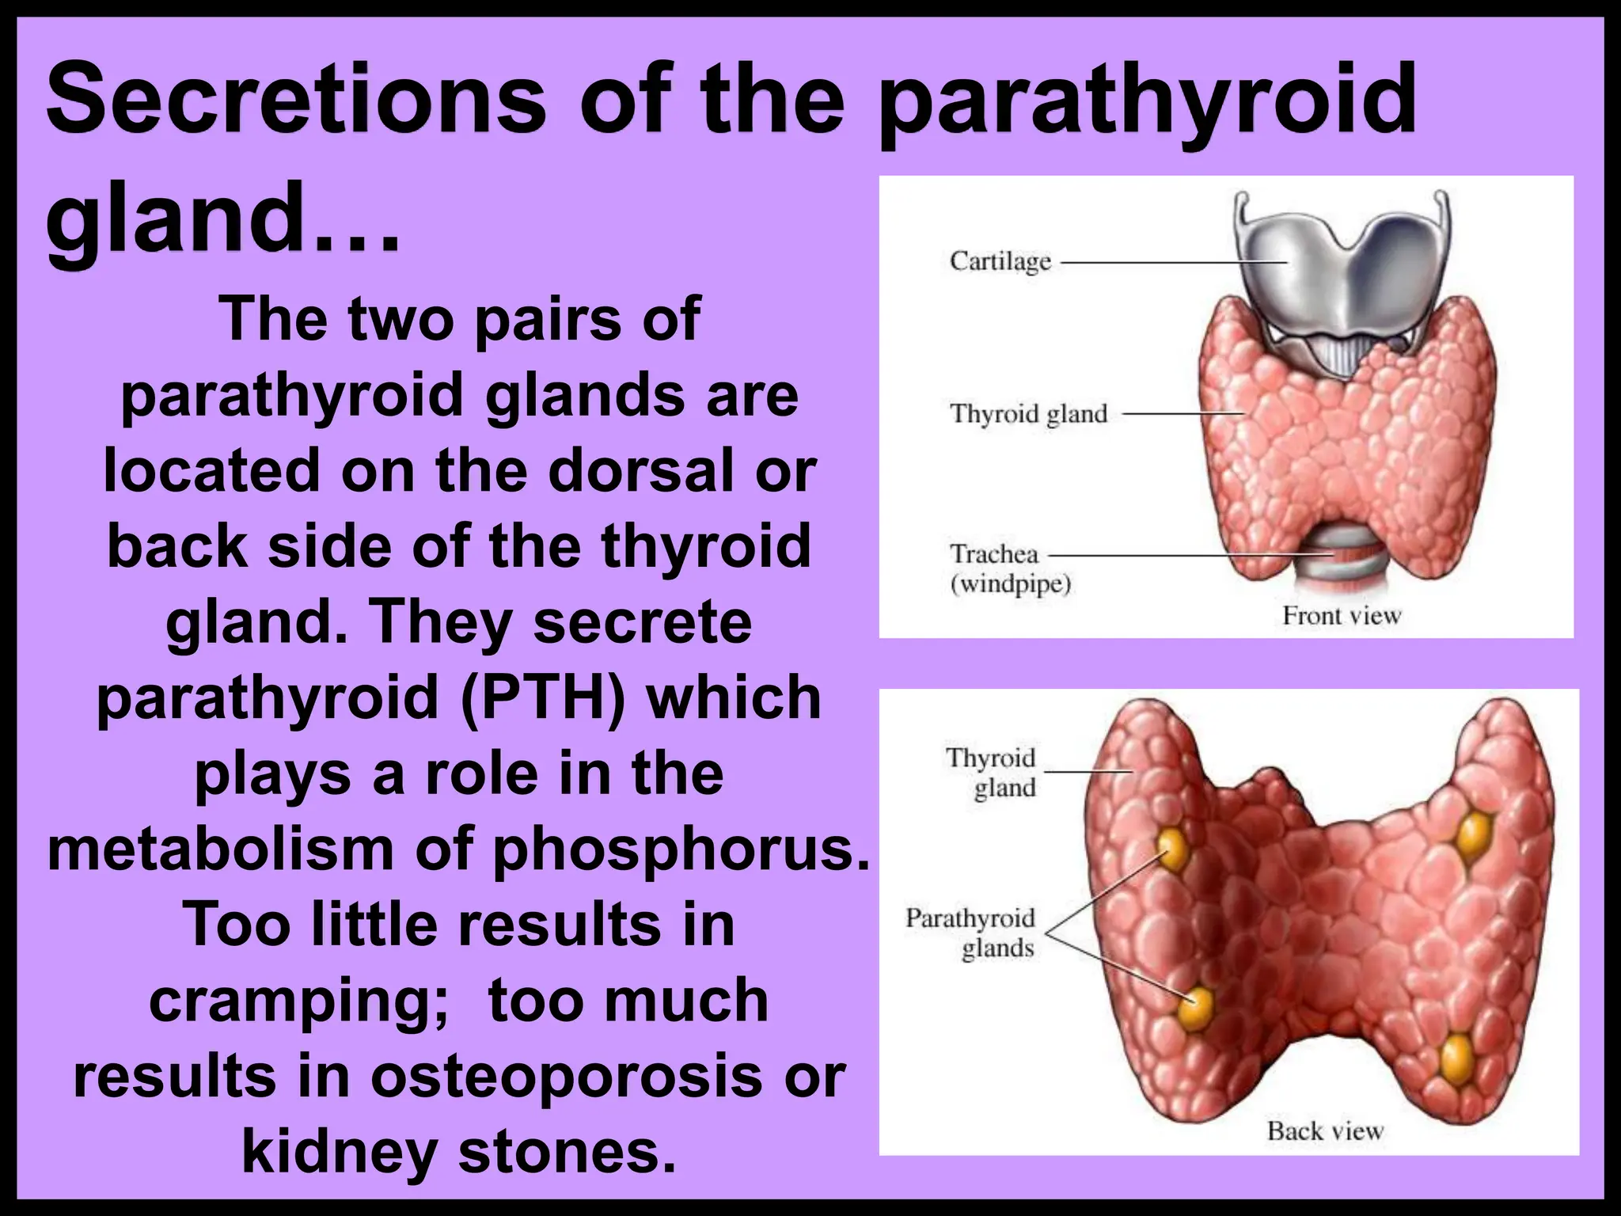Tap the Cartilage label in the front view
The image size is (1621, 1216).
tap(1000, 261)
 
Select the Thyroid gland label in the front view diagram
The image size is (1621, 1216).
tap(1028, 414)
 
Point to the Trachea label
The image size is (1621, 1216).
tap(994, 553)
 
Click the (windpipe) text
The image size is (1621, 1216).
tap(1011, 585)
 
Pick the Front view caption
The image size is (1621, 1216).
tap(1342, 616)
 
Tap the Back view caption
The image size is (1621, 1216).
tap(1325, 1130)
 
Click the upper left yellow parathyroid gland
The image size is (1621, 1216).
tap(1174, 849)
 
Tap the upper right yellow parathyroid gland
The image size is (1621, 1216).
tap(1474, 833)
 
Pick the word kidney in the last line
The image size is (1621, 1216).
tap(340, 1153)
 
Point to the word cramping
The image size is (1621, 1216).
tap(299, 1001)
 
